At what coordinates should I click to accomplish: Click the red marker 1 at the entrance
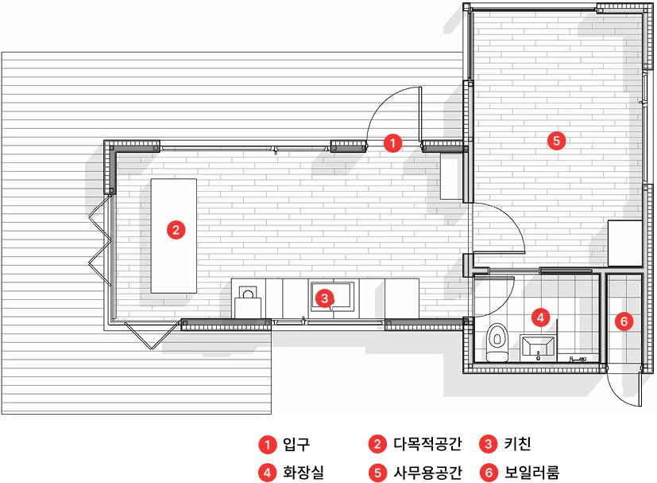392,143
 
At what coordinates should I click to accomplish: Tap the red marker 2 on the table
176,230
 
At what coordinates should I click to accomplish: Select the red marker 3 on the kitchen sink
324,298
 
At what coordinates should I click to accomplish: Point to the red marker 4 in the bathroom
540,317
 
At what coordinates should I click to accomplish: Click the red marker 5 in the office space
556,141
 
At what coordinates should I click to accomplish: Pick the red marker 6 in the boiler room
624,321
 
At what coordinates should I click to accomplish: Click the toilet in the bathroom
497,342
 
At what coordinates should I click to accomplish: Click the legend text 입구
296,444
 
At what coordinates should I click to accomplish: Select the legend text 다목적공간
427,444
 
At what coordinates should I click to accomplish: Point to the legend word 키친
517,444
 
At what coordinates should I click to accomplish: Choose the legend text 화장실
303,473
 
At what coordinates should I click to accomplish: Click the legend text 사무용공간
427,473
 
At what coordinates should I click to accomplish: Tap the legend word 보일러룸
531,473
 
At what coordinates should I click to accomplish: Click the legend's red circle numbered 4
267,473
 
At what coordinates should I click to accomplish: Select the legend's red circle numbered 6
489,473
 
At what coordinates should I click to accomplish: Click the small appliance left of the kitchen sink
248,302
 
